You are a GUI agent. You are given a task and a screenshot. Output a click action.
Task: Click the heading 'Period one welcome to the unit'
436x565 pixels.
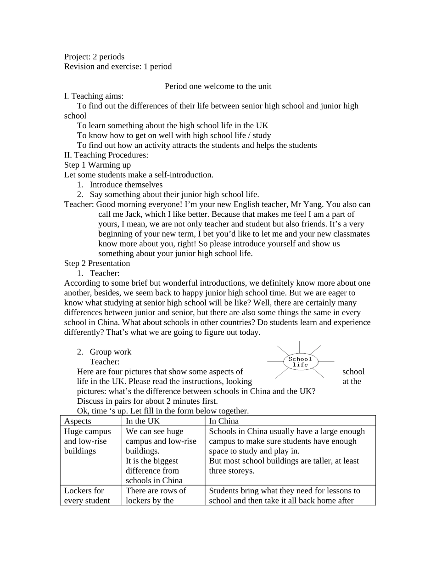tap(218, 86)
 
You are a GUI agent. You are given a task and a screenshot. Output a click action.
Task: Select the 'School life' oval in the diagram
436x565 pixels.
tap(301, 362)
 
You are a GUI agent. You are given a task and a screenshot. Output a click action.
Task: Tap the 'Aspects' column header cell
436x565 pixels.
tap(78, 421)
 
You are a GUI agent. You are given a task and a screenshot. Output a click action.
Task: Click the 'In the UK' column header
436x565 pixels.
tap(143, 421)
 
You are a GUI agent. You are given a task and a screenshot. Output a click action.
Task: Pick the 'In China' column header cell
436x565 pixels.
tap(224, 421)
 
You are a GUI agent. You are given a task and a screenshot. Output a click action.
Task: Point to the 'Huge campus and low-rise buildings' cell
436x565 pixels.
tap(88, 441)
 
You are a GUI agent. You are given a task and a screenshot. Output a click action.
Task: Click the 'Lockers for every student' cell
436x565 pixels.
tap(87, 496)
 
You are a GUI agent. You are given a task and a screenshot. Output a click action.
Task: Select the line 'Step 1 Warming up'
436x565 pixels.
tap(97, 165)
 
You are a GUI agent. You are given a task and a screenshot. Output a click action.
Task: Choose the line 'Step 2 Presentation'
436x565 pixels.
tap(97, 264)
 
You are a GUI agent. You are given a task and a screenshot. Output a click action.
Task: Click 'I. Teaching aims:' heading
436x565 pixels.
tap(94, 96)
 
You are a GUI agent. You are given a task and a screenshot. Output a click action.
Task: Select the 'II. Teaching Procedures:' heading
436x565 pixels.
tap(106, 155)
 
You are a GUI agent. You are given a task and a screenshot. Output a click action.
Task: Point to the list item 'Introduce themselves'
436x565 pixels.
tap(126, 185)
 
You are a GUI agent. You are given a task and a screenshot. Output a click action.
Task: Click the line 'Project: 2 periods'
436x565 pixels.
tap(94, 57)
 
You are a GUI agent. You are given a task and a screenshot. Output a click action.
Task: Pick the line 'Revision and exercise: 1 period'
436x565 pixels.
tap(118, 67)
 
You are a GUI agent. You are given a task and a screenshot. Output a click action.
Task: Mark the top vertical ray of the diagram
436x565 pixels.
tap(299, 347)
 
